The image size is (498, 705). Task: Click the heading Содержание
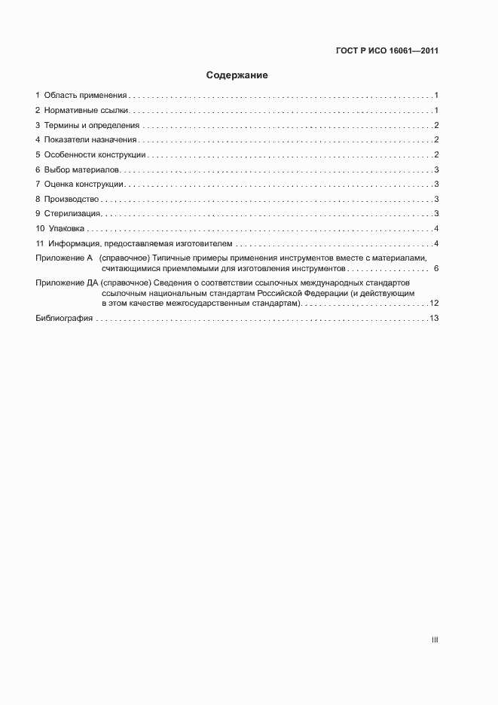237,76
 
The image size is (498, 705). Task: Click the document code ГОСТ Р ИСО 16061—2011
387,51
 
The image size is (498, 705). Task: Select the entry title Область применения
85,96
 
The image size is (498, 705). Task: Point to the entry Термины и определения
92,125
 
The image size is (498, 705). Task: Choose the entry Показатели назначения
90,140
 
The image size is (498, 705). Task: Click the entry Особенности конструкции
95,155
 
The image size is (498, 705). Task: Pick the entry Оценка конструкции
84,185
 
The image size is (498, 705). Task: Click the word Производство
72,199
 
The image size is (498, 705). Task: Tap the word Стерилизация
73,214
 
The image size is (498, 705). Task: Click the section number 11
40,244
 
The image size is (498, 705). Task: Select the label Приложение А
64,258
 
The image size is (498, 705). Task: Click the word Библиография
64,319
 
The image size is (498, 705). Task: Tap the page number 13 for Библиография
434,319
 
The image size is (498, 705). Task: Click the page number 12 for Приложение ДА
434,303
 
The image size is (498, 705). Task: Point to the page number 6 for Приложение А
436,268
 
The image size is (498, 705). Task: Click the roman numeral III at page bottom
435,639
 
